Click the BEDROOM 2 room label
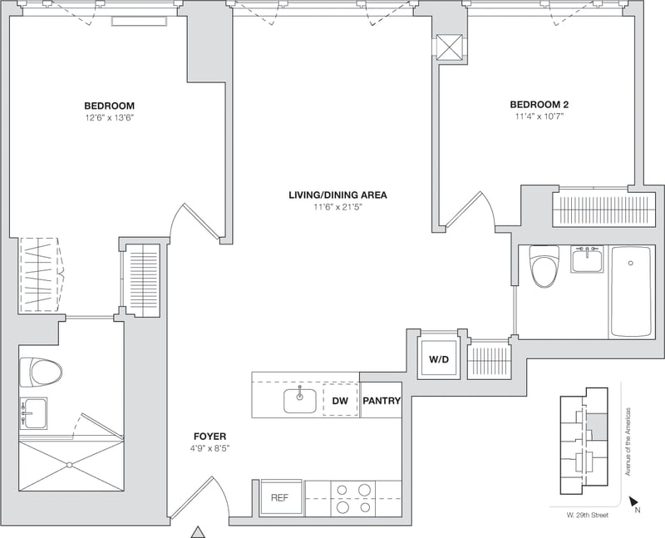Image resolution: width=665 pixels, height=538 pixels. point(539,105)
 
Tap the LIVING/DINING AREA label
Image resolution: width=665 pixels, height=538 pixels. point(337,195)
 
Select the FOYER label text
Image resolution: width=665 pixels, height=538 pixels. point(210,437)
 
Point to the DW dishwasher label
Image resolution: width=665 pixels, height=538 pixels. point(340,401)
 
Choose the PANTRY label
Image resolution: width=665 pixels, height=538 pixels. point(382,401)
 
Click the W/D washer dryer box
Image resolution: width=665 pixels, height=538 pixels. point(439,359)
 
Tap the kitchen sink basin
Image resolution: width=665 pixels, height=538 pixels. point(300,400)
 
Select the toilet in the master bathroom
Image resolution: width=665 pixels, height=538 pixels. point(41,372)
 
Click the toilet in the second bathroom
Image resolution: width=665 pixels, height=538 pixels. point(544,266)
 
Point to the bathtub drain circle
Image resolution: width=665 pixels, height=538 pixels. point(631,264)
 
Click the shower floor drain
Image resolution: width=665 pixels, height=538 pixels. point(70,466)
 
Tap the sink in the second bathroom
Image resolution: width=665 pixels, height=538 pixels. point(587,259)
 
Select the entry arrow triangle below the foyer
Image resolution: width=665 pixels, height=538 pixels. point(197,532)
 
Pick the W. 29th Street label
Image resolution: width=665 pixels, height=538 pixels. point(588,515)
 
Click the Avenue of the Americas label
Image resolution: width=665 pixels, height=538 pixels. point(628,442)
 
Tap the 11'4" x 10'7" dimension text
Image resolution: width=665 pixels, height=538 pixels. point(539,116)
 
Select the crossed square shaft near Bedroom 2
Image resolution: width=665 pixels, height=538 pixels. point(449,47)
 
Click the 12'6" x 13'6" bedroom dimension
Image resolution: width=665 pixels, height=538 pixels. point(110,117)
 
